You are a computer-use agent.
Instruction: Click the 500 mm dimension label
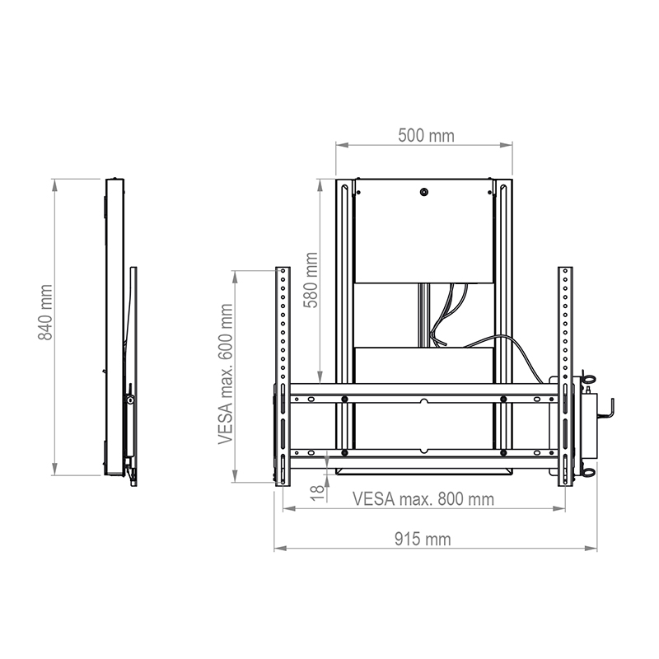(425, 135)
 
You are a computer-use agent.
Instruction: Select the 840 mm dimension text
(45, 312)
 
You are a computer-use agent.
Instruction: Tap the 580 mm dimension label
(311, 280)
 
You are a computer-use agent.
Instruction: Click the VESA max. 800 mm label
(423, 499)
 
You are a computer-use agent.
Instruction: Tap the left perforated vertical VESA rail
(283, 375)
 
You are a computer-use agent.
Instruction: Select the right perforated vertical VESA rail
(565, 375)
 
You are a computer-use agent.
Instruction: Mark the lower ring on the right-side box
(590, 472)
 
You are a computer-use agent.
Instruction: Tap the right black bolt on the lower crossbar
(502, 451)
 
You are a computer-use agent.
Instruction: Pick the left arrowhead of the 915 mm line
(278, 548)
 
